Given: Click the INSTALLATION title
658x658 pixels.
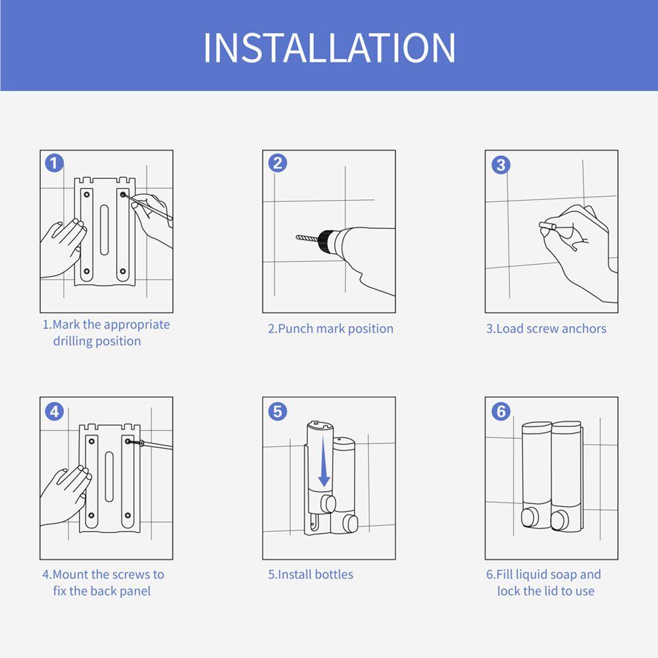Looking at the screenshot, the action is [330, 47].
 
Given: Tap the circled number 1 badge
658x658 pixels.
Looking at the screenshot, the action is [55, 163].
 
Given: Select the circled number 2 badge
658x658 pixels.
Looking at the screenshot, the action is [278, 163].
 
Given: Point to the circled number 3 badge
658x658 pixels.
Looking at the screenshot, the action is [501, 164].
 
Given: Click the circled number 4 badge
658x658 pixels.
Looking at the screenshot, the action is [55, 412].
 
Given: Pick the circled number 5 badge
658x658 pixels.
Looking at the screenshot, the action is [278, 412].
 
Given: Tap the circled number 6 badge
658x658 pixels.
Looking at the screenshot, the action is [501, 412].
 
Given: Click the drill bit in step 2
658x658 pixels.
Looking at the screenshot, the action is [307, 238].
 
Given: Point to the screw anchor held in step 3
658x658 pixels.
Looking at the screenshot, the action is [547, 226].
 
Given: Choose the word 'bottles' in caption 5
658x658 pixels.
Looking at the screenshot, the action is [334, 574].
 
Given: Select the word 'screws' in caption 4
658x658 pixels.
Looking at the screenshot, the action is [132, 574].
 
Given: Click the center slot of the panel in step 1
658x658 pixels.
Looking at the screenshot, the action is [104, 230].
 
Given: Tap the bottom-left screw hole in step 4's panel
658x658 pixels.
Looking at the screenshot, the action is [91, 515].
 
